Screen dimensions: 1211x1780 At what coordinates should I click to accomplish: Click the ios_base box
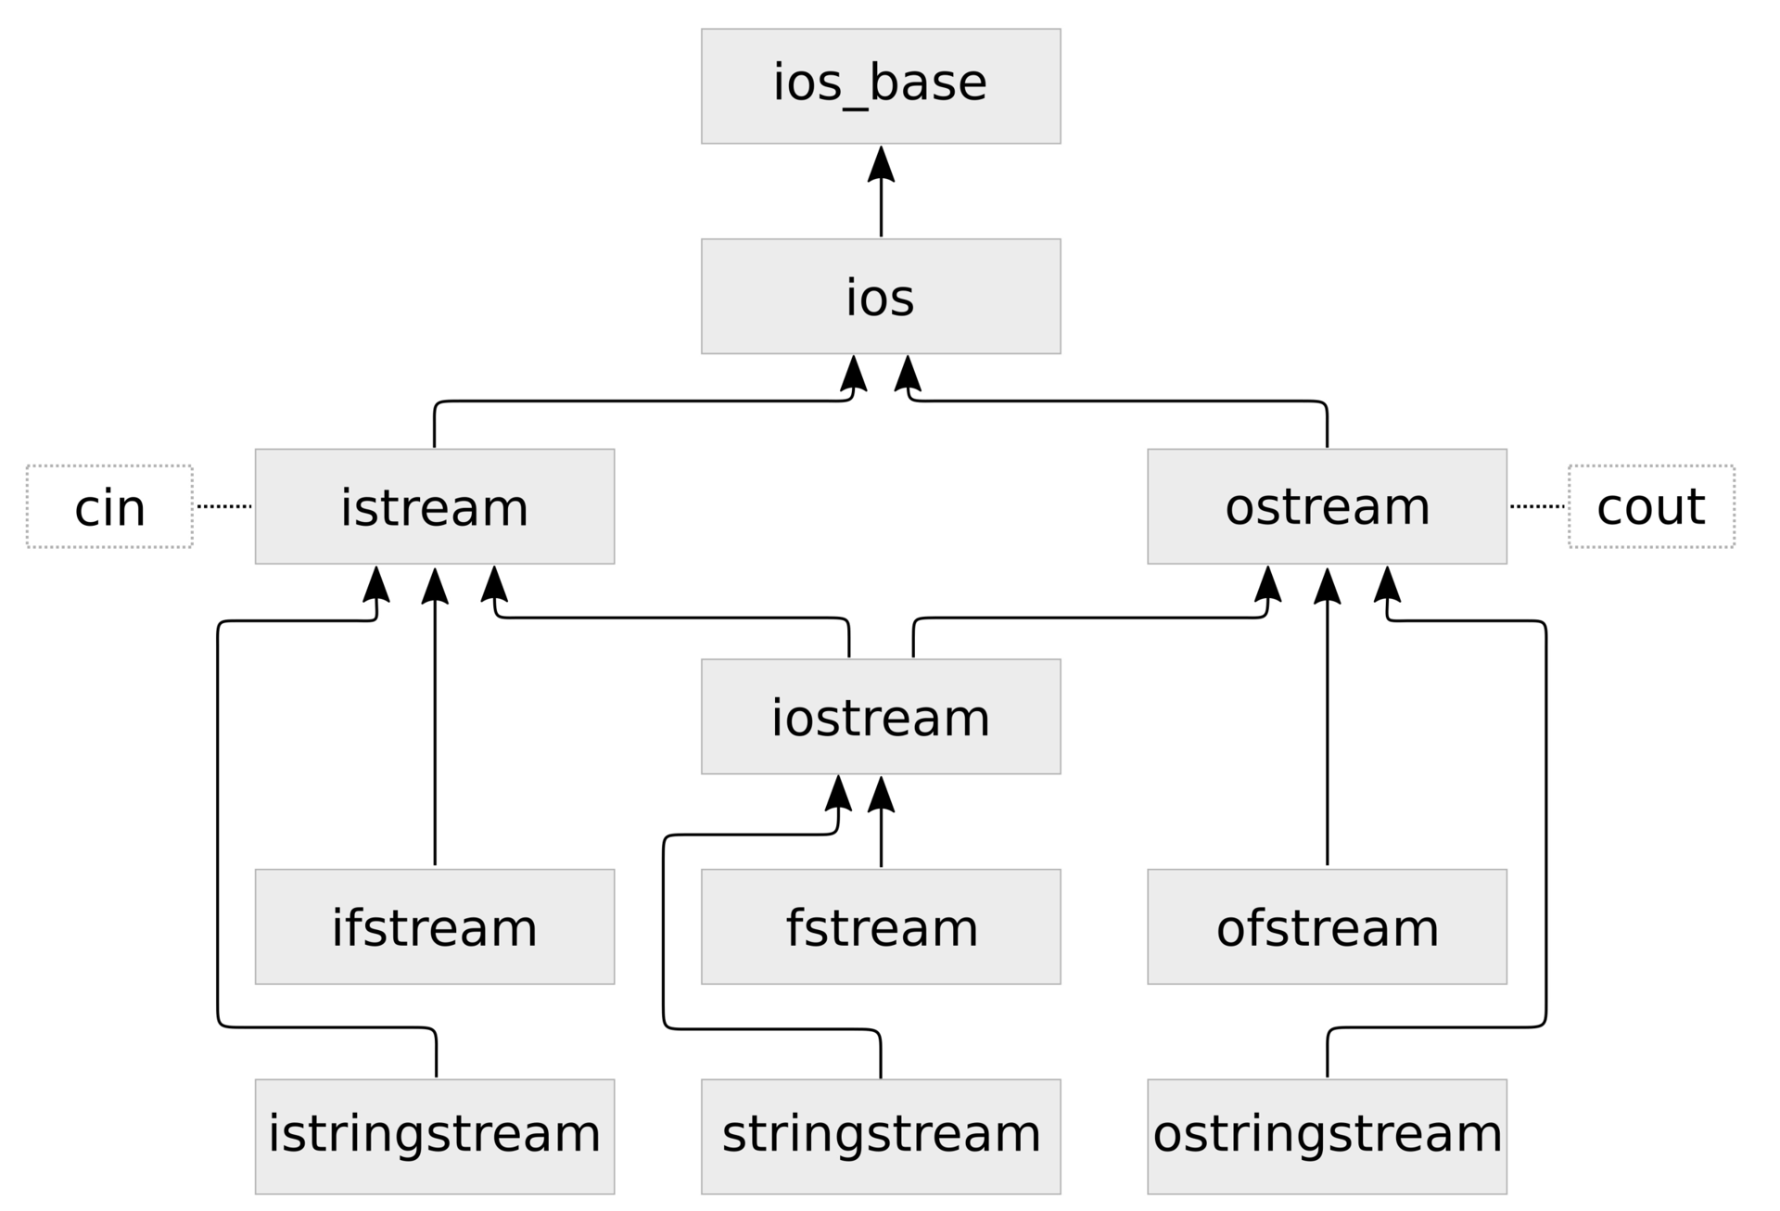880,85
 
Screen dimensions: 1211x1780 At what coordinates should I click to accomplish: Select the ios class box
880,296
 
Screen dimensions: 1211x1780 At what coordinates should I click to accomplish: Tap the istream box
434,506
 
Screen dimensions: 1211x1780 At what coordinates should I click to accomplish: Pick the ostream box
1327,506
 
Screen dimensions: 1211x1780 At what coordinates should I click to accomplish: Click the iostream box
880,716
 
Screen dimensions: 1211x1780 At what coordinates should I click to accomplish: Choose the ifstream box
434,926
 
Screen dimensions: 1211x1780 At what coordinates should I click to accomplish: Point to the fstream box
880,926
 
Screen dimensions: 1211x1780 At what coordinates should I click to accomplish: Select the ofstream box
1327,926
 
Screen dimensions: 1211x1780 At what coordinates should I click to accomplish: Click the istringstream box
434,1136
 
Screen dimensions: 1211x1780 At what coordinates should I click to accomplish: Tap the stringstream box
880,1136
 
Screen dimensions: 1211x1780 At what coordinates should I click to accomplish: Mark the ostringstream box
1327,1136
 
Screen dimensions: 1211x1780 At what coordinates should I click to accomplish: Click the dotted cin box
109,506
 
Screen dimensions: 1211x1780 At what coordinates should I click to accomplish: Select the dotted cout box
1651,506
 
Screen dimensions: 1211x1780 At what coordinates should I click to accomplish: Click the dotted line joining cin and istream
224,506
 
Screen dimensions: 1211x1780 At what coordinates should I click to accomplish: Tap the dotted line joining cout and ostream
1537,506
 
